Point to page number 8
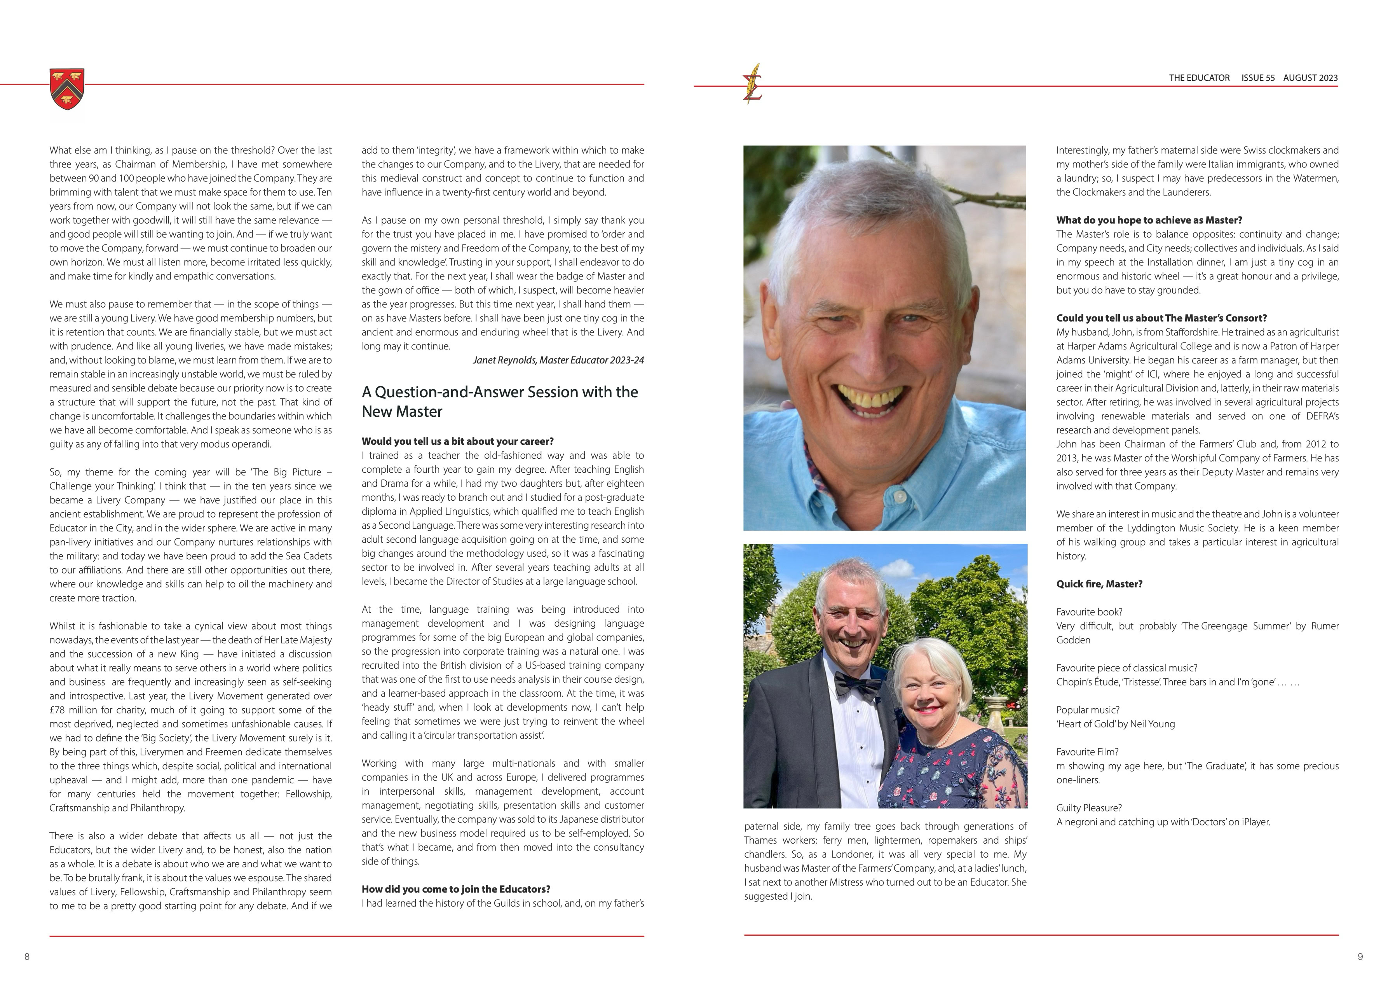click(x=26, y=957)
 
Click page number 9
click(x=1360, y=957)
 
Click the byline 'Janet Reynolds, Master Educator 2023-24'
click(x=558, y=360)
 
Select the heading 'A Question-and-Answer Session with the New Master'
click(x=499, y=402)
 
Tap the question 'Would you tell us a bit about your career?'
click(x=458, y=441)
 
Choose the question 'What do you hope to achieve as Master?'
click(x=1149, y=220)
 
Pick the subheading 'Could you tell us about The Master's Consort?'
click(x=1161, y=318)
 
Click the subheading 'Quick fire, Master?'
click(x=1099, y=584)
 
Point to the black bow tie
click(x=856, y=685)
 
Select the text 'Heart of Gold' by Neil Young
click(x=1115, y=724)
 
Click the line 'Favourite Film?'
click(x=1087, y=752)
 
